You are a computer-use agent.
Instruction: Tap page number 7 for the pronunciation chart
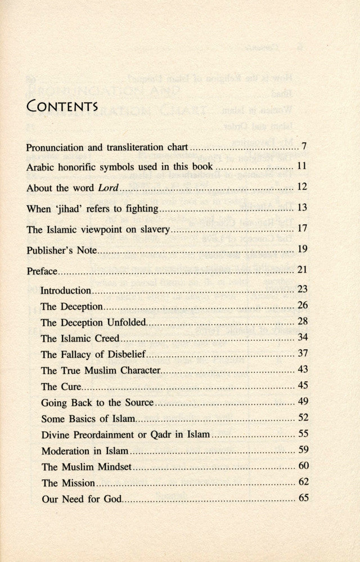pos(303,147)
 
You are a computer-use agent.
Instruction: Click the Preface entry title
pos(42,271)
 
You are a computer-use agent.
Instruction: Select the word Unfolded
pos(126,323)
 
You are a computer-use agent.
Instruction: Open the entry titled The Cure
pos(62,387)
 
